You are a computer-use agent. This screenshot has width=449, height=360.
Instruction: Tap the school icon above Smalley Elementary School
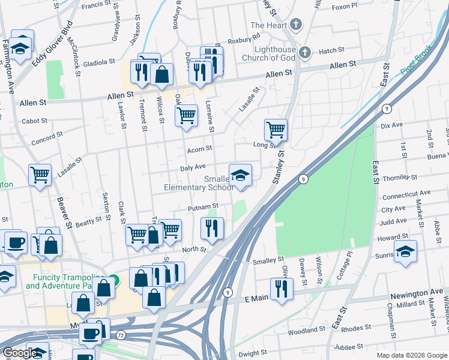coord(241,175)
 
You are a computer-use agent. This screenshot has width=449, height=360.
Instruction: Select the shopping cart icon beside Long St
coord(276,129)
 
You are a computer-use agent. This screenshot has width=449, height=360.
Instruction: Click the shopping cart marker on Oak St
coord(187,114)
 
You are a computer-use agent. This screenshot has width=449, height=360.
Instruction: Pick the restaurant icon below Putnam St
coord(212,227)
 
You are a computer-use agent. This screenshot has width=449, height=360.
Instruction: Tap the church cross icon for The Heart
coord(295,25)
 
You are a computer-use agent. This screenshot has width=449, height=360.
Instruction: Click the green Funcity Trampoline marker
coord(116,281)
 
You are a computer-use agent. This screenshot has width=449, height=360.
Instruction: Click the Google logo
coord(20,353)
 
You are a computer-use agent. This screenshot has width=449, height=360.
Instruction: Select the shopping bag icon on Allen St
coord(161,74)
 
